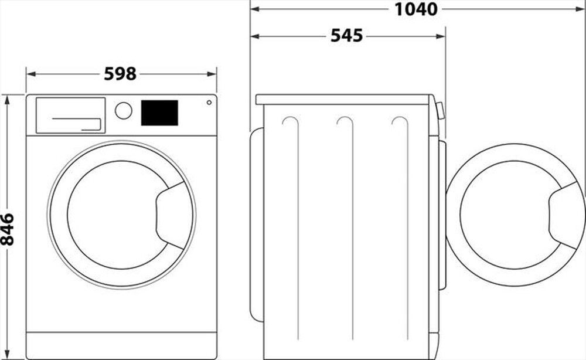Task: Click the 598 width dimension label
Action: pyautogui.click(x=120, y=74)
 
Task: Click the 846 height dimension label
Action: pyautogui.click(x=8, y=229)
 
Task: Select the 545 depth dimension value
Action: pyautogui.click(x=347, y=36)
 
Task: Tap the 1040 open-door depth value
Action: pyautogui.click(x=416, y=9)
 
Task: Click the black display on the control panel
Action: pyautogui.click(x=159, y=113)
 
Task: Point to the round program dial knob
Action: pyautogui.click(x=124, y=110)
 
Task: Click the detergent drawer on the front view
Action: pyautogui.click(x=70, y=115)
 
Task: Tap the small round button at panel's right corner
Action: pyautogui.click(x=209, y=103)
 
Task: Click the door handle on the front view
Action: pyautogui.click(x=173, y=215)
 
